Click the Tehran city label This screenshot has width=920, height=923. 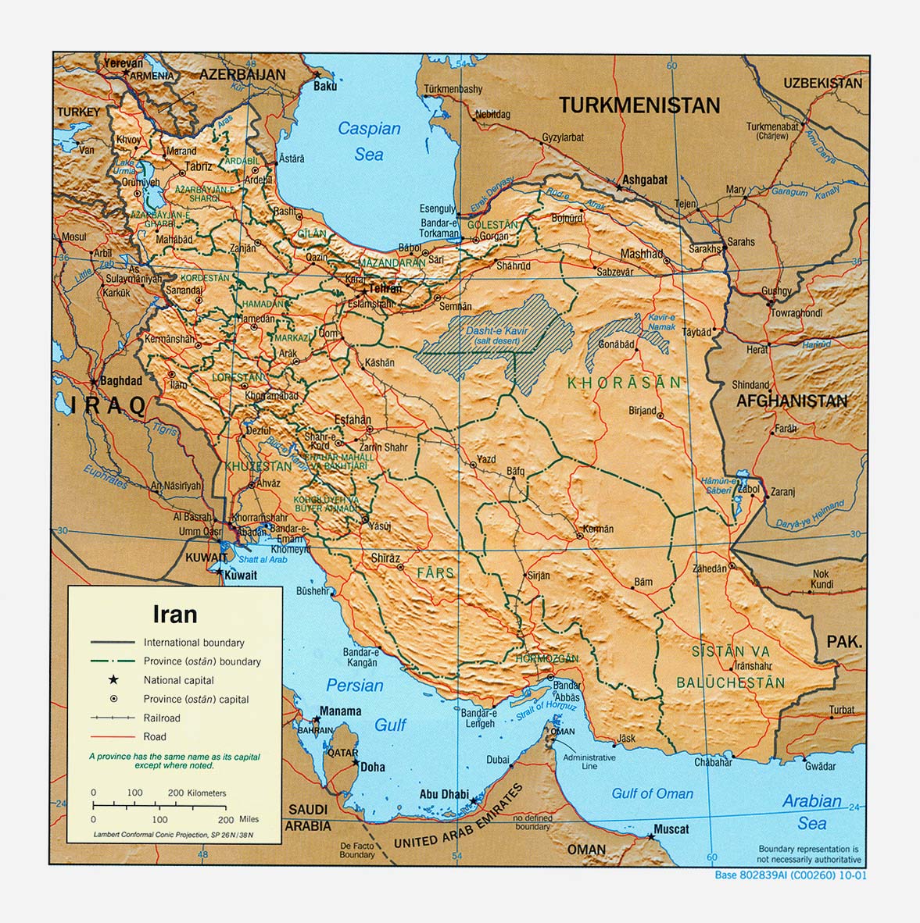point(385,289)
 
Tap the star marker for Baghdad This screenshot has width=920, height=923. point(94,382)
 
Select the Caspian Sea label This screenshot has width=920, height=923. point(369,141)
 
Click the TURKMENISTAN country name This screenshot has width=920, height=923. point(639,106)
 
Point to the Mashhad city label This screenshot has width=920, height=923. point(641,254)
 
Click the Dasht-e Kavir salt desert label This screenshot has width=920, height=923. point(497,336)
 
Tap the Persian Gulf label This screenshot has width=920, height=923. point(367,705)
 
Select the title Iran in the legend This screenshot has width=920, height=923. point(174,615)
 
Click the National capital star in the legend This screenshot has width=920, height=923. point(113,680)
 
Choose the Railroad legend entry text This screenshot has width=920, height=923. point(162,718)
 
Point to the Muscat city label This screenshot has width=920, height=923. point(671,829)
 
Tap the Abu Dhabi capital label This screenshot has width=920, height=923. point(444,794)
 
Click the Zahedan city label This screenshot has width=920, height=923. point(710,569)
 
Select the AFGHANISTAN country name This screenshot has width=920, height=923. point(791,401)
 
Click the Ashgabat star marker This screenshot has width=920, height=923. point(618,188)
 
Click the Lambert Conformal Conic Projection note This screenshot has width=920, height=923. point(174,835)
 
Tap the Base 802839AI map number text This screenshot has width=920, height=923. point(790,875)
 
